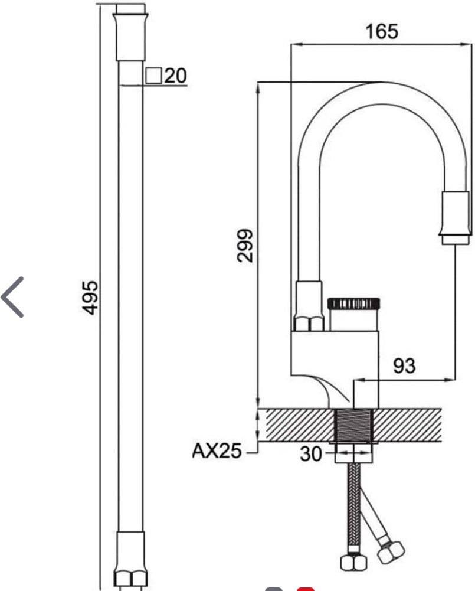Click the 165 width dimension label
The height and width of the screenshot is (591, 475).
[382, 32]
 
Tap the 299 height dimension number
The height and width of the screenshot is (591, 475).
[245, 246]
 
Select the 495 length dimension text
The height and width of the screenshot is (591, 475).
[90, 298]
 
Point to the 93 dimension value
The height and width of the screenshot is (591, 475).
[404, 366]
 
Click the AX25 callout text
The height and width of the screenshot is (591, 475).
[217, 451]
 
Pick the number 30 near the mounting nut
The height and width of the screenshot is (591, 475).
[311, 454]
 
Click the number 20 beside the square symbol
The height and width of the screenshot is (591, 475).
[175, 76]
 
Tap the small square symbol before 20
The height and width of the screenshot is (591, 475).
[153, 76]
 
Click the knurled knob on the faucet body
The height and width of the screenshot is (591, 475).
[353, 303]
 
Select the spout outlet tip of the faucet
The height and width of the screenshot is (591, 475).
[456, 218]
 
